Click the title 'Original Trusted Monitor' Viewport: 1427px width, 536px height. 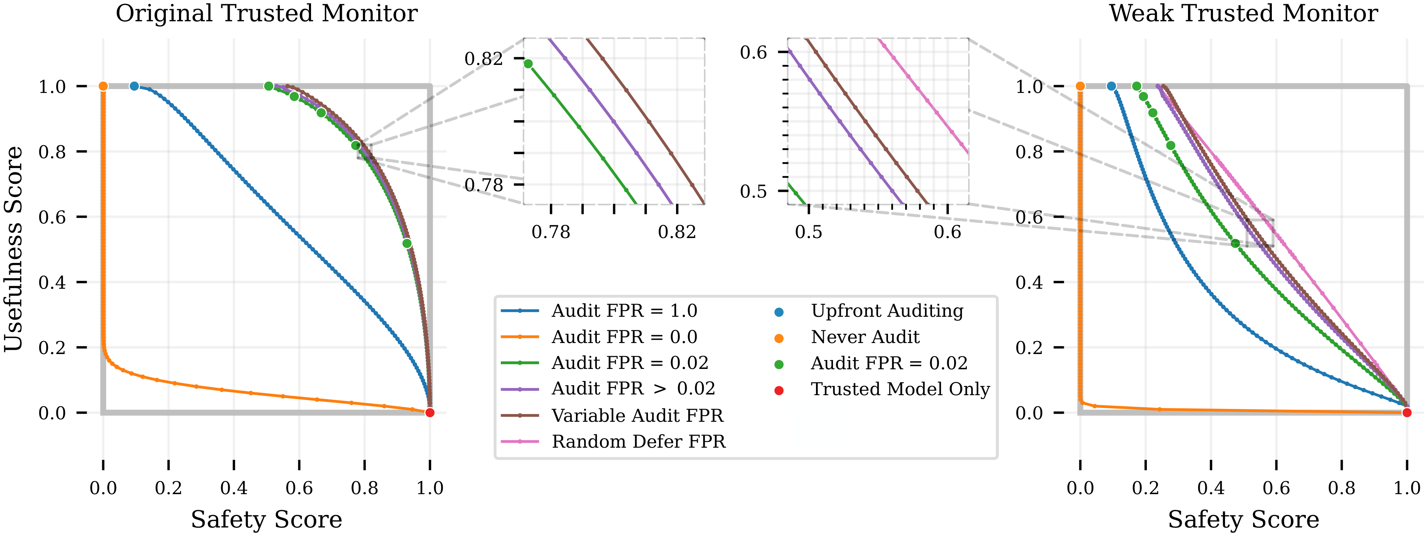click(x=266, y=13)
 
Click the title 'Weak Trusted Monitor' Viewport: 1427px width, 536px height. click(x=1243, y=13)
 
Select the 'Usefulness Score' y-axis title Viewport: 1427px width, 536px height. click(x=13, y=249)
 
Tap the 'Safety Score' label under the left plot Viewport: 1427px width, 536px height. click(x=266, y=519)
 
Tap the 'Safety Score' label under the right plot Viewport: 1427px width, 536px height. click(x=1243, y=519)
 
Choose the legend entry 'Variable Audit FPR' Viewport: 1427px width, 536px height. click(x=637, y=416)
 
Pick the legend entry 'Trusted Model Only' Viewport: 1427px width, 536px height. click(x=900, y=389)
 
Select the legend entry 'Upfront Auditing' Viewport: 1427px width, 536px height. click(x=887, y=311)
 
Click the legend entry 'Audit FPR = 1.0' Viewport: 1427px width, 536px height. click(x=624, y=311)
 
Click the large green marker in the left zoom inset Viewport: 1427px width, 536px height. click(x=528, y=64)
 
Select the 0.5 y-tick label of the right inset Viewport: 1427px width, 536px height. click(x=753, y=192)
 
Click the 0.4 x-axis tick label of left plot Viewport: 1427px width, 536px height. click(x=234, y=488)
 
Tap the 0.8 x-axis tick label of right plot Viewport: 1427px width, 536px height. click(x=1341, y=488)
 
